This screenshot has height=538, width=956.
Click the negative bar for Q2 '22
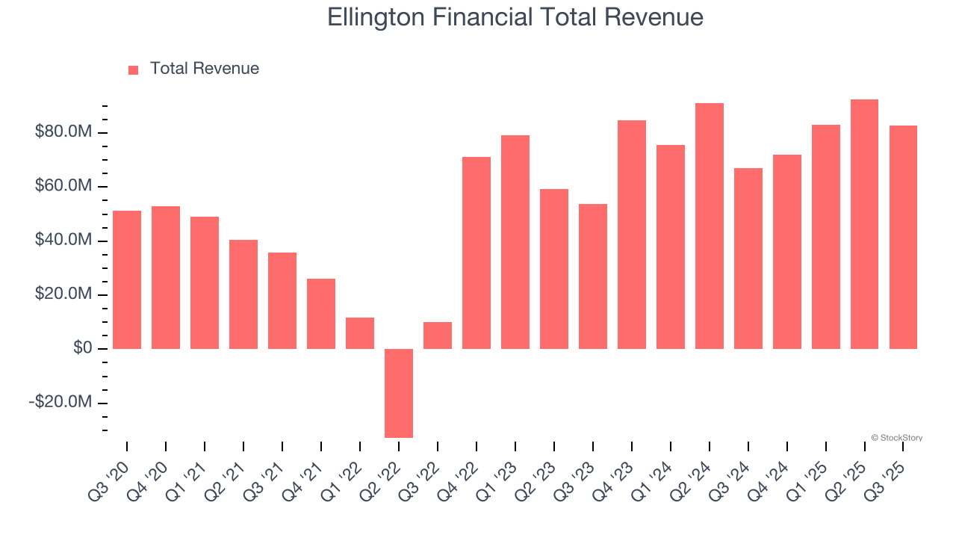399,393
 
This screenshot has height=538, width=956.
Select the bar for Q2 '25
864,224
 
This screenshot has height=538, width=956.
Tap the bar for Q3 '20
127,279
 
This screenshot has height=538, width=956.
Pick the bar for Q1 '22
360,333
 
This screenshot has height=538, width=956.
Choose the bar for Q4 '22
477,253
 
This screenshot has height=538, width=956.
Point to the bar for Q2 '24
709,226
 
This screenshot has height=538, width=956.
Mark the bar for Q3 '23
593,276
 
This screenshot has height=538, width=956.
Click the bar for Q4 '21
321,314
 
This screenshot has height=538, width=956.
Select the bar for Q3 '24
748,259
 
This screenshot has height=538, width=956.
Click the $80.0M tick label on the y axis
63,132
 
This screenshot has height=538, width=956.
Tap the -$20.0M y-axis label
60,402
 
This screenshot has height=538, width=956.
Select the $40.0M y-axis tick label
63,241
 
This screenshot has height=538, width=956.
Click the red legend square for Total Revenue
134,69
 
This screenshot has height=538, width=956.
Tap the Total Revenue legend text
204,69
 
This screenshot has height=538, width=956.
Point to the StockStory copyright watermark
896,438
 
